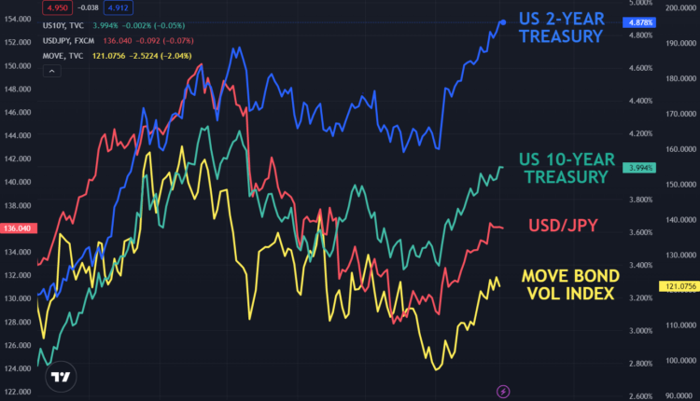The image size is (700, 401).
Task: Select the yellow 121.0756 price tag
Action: point(679,284)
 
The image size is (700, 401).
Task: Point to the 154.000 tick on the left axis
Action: point(18,20)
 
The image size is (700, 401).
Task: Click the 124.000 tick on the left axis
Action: point(18,367)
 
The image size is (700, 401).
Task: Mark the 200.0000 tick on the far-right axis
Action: point(679,7)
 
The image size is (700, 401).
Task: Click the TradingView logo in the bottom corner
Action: point(61,378)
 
